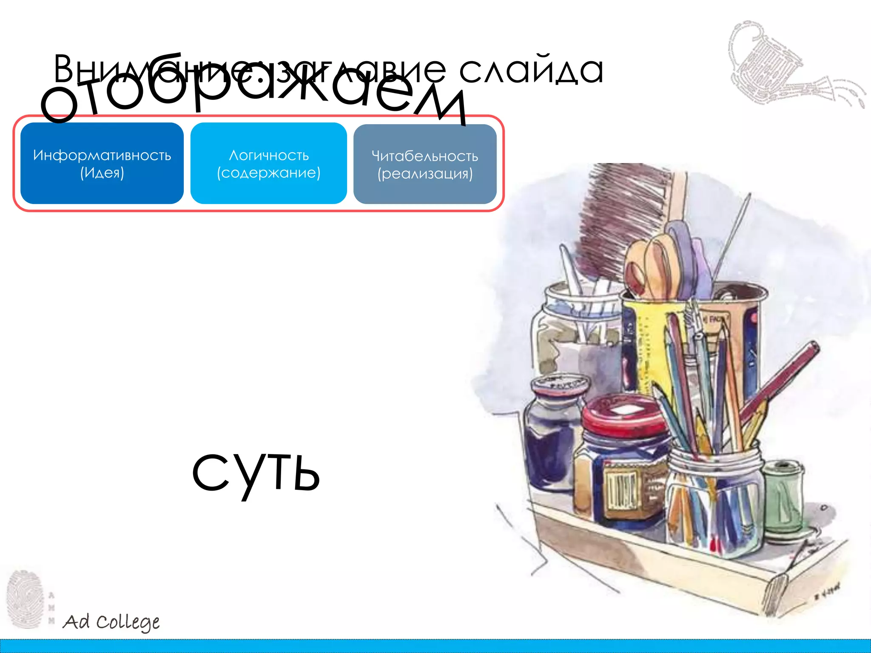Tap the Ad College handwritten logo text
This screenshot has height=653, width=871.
point(111,622)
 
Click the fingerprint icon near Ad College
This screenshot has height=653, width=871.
point(26,599)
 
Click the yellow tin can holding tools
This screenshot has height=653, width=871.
point(651,340)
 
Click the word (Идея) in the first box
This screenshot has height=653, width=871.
point(102,173)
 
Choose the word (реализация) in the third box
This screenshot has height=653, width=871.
point(425,174)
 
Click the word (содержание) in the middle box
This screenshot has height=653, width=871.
point(269,173)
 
